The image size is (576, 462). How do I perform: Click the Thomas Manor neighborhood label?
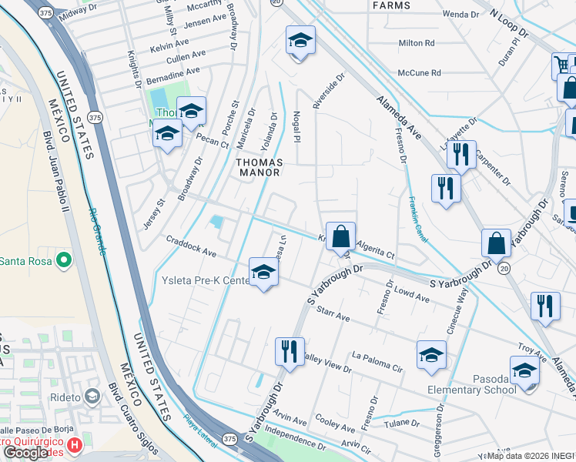click(259, 169)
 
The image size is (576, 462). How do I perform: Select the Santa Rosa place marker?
click(64, 261)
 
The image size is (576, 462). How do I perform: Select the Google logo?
click(26, 453)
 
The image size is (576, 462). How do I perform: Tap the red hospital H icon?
click(75, 445)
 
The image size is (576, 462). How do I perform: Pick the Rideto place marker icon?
click(92, 397)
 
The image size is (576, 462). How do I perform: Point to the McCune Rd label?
click(419, 73)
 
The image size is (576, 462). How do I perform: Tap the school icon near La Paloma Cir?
click(431, 355)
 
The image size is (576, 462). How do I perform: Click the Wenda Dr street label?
click(460, 14)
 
